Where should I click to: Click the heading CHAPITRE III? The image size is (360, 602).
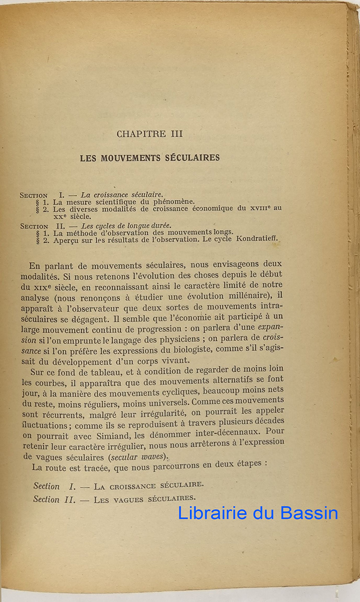149,134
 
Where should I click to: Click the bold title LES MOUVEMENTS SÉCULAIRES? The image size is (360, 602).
150,158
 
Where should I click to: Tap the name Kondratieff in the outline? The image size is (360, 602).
257,239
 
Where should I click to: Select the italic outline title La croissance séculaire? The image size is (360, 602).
122,195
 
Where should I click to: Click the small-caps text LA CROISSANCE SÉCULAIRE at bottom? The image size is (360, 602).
149,486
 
